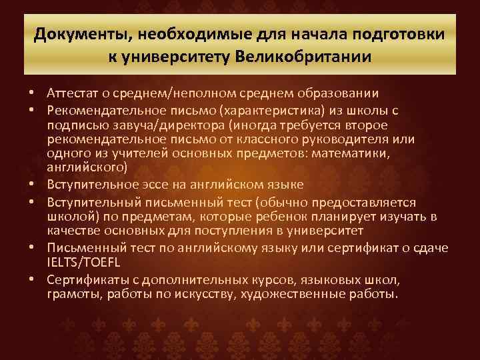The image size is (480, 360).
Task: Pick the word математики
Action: pyautogui.click(x=377, y=154)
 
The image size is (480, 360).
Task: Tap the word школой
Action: pyautogui.click(x=69, y=216)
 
